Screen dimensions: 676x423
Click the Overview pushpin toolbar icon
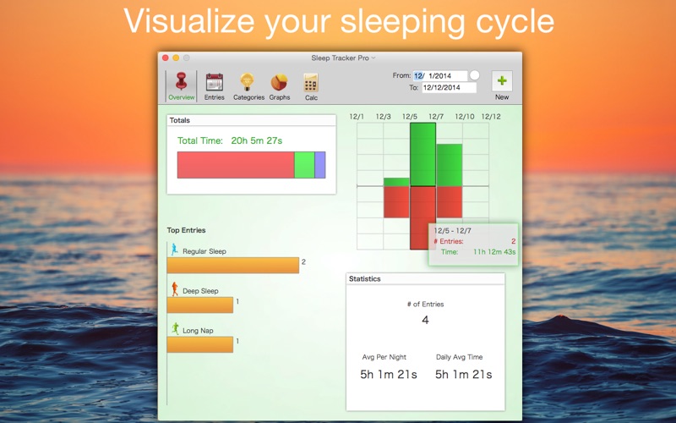(x=182, y=81)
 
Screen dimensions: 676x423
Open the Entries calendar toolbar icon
(x=215, y=82)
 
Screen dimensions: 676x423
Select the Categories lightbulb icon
(x=247, y=82)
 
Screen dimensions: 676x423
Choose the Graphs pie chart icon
(x=280, y=82)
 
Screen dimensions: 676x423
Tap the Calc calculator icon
(x=311, y=82)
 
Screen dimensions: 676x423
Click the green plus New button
(x=502, y=81)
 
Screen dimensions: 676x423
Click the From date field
(x=439, y=76)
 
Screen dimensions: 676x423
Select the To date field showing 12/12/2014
(x=449, y=88)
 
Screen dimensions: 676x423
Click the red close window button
(x=166, y=58)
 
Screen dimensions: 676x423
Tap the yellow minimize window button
(x=176, y=58)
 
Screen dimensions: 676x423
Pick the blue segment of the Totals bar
(x=320, y=165)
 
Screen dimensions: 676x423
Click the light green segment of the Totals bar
(x=304, y=165)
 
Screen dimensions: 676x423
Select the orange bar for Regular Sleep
(x=233, y=266)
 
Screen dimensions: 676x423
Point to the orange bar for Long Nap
(x=200, y=345)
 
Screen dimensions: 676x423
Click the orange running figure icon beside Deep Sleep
(x=175, y=288)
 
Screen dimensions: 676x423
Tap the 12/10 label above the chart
(x=465, y=117)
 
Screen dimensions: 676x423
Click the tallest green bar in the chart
(x=423, y=155)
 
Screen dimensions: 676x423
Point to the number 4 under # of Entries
(x=425, y=320)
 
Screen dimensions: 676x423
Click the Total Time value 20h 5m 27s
(x=257, y=140)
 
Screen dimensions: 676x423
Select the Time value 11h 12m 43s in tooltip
(x=494, y=252)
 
